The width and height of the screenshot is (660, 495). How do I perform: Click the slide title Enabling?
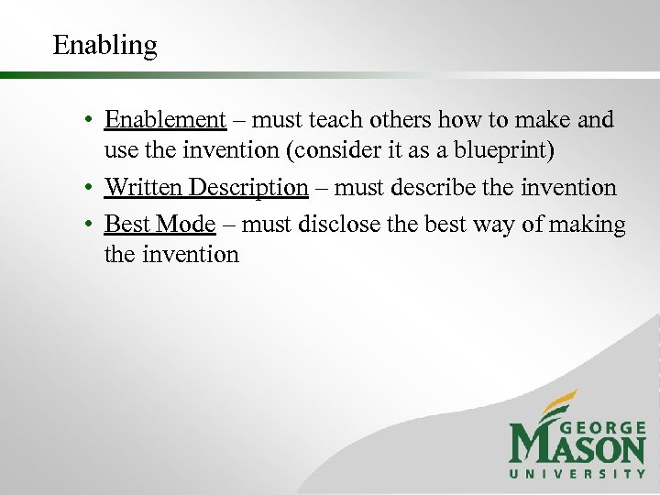pyautogui.click(x=104, y=45)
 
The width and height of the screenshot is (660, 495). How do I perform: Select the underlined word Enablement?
pyautogui.click(x=165, y=120)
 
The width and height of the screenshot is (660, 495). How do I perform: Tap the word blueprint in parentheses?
pyautogui.click(x=503, y=148)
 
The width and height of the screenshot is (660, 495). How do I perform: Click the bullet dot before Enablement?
pyautogui.click(x=83, y=121)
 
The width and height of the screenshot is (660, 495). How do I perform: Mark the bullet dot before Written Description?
pyautogui.click(x=83, y=189)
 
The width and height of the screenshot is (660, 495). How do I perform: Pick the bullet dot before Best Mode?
pyautogui.click(x=83, y=225)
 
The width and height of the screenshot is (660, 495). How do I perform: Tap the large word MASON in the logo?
pyautogui.click(x=577, y=448)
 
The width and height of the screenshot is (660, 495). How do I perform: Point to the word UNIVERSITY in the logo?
pyautogui.click(x=577, y=474)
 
